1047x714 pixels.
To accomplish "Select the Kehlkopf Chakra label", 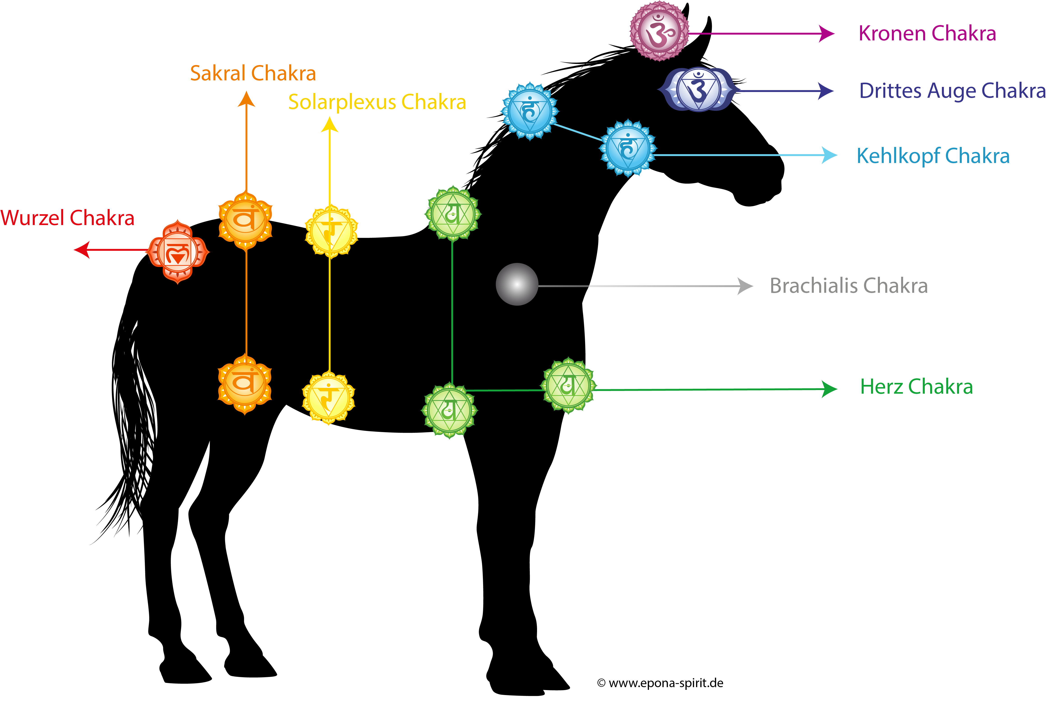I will pyautogui.click(x=933, y=156).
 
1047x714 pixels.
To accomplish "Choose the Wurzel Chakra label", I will pyautogui.click(x=68, y=218).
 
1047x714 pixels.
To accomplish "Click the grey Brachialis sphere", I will pyautogui.click(x=517, y=284).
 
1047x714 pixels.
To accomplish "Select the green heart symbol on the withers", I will pyautogui.click(x=453, y=213).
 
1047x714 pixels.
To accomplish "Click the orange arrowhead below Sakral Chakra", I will pyautogui.click(x=247, y=99).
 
